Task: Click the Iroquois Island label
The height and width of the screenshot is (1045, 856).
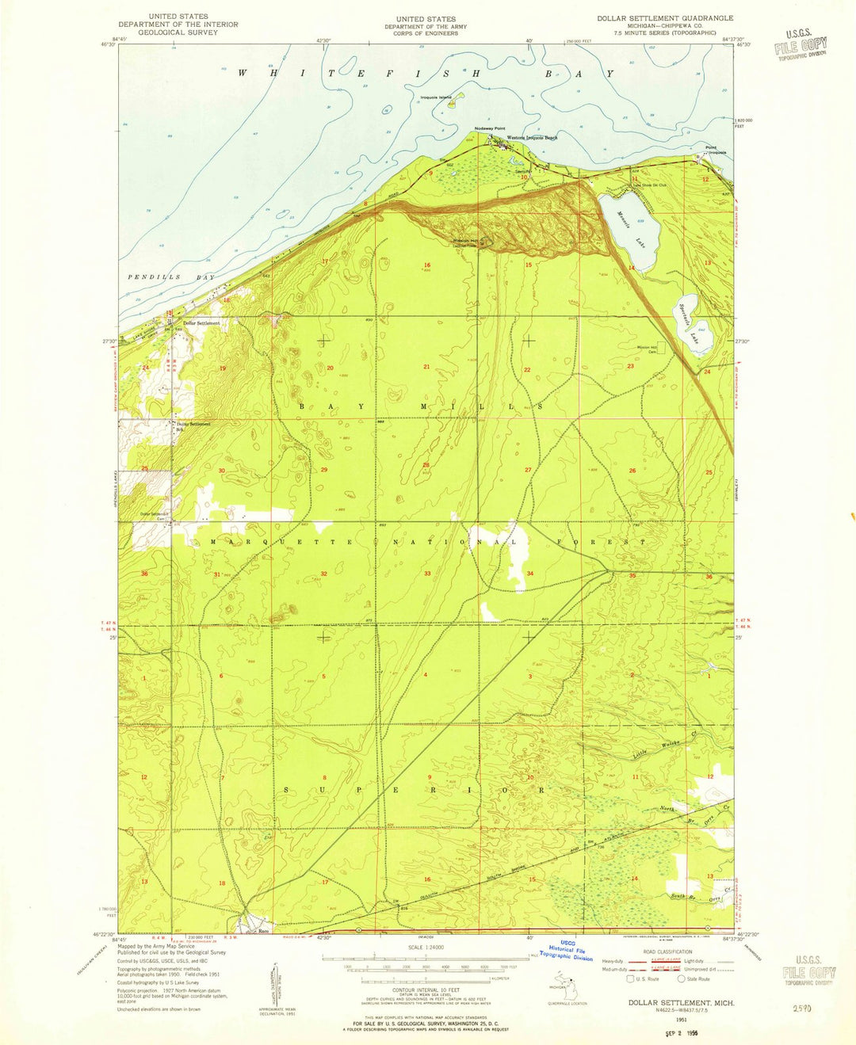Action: point(436,97)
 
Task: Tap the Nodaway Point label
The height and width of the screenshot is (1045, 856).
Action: point(489,128)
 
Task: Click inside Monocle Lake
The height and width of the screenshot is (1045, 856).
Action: point(626,230)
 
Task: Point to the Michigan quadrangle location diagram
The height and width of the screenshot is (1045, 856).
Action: point(562,986)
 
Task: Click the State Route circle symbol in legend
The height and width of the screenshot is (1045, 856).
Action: point(681,978)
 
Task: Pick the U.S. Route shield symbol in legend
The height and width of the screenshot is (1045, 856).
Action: point(630,978)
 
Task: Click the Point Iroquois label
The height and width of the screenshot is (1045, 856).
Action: point(715,150)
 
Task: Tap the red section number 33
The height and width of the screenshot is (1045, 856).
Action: point(427,573)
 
